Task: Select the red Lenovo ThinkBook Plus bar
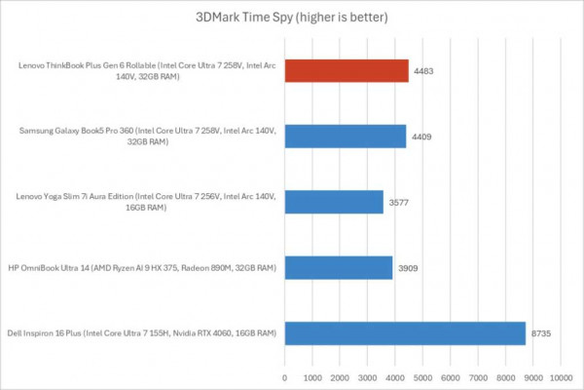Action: coord(347,71)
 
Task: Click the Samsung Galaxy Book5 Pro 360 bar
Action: coord(346,136)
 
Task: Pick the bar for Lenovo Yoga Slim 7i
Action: coord(334,201)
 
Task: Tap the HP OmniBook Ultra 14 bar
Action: coord(339,267)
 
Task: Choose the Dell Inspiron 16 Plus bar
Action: coord(405,332)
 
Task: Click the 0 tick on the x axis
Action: coord(284,375)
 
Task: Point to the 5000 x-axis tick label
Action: coord(422,375)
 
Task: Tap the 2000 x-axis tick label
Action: coord(340,375)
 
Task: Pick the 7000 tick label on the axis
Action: coord(478,375)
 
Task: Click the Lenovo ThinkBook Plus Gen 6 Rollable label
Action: coord(147,71)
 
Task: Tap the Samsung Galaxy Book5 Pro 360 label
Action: coord(147,136)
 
